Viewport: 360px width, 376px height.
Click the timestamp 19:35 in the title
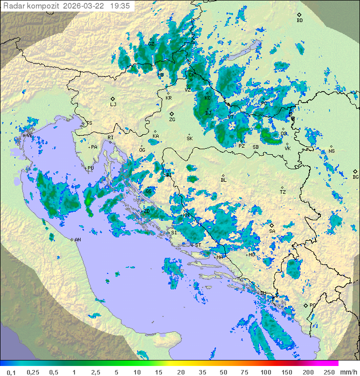tap(121, 6)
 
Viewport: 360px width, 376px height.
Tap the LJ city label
tap(113, 105)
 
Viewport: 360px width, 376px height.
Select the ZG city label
tap(172, 120)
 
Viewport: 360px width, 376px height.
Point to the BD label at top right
tap(299, 21)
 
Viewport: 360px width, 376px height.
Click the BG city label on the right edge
tap(355, 177)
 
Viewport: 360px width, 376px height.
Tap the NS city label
tap(331, 151)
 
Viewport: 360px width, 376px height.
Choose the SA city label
tap(272, 231)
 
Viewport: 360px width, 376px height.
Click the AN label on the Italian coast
tap(77, 240)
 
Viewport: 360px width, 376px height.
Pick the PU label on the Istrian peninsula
tap(90, 169)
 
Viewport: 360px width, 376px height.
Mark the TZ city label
tap(283, 192)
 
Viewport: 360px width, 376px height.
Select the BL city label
tap(223, 180)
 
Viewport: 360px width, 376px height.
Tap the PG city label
tap(312, 305)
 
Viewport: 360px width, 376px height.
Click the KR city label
tap(168, 98)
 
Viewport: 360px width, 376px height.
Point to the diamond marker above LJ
tap(113, 99)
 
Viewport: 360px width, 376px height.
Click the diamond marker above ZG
tap(172, 114)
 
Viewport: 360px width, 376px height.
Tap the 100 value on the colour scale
tap(265, 372)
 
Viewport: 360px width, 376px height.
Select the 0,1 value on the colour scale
tap(11, 372)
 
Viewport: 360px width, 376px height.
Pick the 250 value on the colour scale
tap(328, 372)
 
